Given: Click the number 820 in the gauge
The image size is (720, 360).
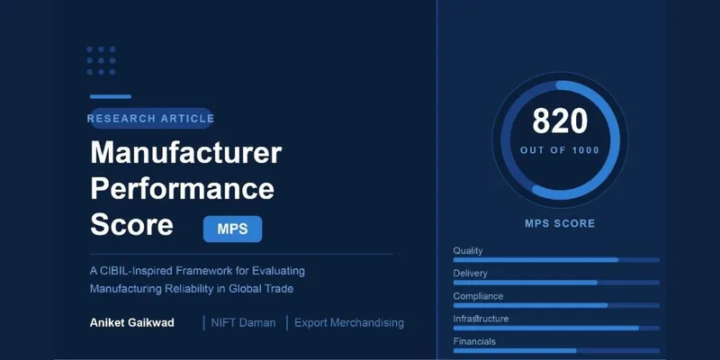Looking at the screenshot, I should click(x=559, y=121).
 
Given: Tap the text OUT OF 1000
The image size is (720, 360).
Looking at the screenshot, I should click(x=559, y=150).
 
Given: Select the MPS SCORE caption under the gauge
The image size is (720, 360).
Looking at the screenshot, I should click(x=559, y=222).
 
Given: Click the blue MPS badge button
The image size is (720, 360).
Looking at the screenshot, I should click(x=232, y=229).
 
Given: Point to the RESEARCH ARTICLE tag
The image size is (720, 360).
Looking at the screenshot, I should click(x=151, y=118).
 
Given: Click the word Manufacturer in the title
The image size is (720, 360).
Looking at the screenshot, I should click(x=185, y=153).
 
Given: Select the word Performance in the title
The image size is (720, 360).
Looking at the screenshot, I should click(x=182, y=189).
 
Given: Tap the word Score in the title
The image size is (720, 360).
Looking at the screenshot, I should click(x=131, y=225).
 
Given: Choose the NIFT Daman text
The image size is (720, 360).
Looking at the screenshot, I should click(x=243, y=322).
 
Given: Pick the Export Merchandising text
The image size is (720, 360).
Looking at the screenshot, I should click(x=350, y=322).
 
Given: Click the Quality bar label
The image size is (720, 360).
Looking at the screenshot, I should click(x=469, y=249).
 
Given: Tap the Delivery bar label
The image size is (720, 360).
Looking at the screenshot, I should click(x=471, y=273).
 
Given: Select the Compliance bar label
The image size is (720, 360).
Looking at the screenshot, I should click(x=478, y=296).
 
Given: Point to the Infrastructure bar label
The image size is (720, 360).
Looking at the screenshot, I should click(x=481, y=319).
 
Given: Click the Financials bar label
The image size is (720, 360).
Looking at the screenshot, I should click(x=474, y=341).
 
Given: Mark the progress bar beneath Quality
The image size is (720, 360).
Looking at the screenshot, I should click(x=555, y=259).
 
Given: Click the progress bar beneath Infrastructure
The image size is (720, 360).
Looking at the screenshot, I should click(x=555, y=328).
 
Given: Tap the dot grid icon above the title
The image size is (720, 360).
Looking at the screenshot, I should click(x=101, y=60).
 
